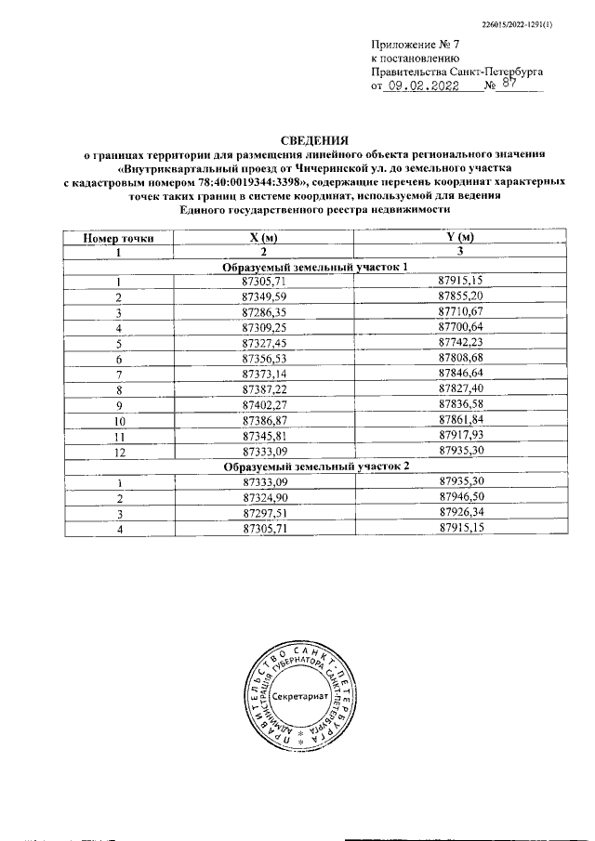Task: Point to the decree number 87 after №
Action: pos(508,83)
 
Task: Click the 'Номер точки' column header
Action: pos(118,238)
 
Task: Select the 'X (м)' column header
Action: pos(264,238)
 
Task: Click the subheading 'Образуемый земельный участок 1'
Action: pos(315,267)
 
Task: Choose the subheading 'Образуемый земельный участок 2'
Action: pos(315,465)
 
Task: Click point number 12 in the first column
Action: pos(118,451)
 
